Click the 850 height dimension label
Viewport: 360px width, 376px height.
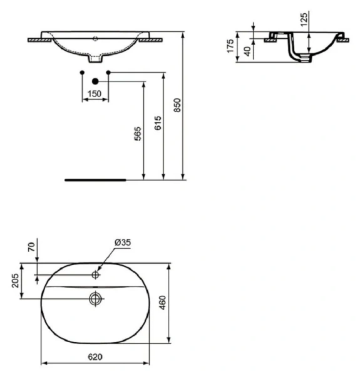177,105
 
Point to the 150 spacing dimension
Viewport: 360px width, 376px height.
95,93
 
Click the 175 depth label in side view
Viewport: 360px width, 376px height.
230,46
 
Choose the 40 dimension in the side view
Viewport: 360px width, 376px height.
247,51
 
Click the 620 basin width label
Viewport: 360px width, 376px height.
94,357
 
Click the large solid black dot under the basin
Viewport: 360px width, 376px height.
95,81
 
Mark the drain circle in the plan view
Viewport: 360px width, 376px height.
95,298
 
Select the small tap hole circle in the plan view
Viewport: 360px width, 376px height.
95,274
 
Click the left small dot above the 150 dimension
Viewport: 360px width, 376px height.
83,73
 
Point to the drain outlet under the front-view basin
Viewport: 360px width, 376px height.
95,61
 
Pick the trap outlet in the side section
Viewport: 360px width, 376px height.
303,58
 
